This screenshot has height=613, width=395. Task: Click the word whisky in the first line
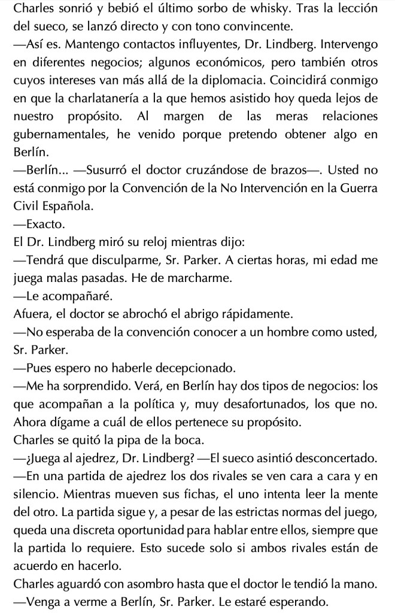coord(300,10)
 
